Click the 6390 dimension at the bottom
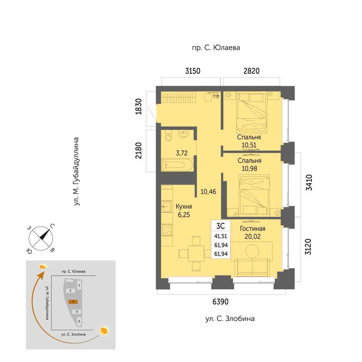[x=220, y=301]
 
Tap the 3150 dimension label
[x=193, y=71]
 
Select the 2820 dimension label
[x=251, y=71]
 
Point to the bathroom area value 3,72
[x=182, y=153]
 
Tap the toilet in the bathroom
[x=169, y=136]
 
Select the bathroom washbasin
[x=184, y=134]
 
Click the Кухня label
[x=184, y=206]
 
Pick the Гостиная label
[x=252, y=229]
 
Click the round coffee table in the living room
[x=252, y=251]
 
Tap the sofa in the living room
[x=252, y=267]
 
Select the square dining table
[x=196, y=253]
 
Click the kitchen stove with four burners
[x=167, y=230]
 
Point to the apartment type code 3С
[x=220, y=226]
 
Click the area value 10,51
[x=249, y=145]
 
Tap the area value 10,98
[x=249, y=168]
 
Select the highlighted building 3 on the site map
[x=73, y=301]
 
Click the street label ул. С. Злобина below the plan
[x=230, y=318]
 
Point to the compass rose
[x=41, y=238]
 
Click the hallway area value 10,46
[x=208, y=192]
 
